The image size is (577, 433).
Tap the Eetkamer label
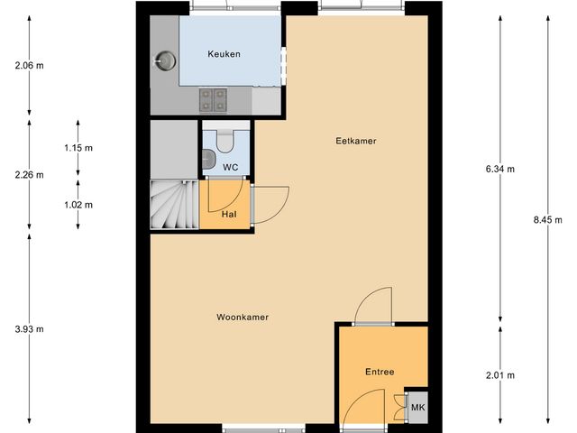[x=355, y=142]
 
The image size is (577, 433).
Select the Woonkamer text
[x=243, y=318]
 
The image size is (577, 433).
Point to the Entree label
[x=380, y=372]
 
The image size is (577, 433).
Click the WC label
[x=230, y=168]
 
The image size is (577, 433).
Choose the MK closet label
[x=417, y=409]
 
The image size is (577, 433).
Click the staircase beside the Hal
[x=172, y=206]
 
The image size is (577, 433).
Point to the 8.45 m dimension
[x=547, y=219]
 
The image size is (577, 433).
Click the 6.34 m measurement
[x=500, y=169]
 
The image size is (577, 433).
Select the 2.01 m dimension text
[x=500, y=375]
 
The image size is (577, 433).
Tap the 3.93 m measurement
[x=30, y=329]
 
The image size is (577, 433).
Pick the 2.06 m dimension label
[x=30, y=65]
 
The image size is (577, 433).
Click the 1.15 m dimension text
[x=78, y=147]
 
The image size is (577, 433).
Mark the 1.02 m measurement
[x=78, y=205]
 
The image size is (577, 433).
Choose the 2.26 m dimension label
[x=30, y=175]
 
